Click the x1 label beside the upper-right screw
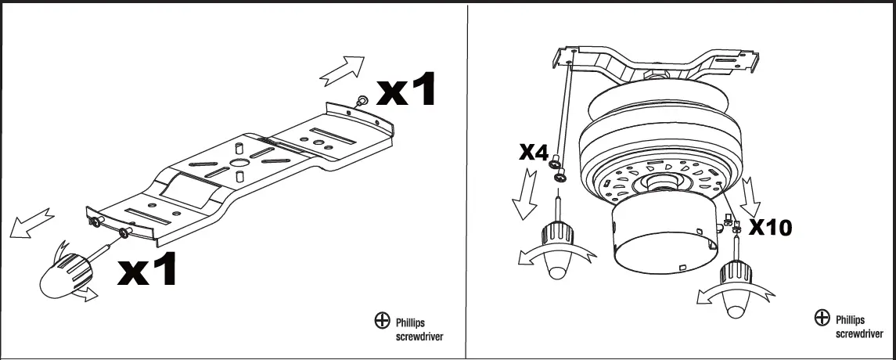click(x=405, y=91)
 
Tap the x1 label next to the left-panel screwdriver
click(x=147, y=268)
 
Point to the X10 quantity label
click(x=770, y=228)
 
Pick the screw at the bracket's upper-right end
click(x=362, y=101)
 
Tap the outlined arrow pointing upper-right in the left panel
click(x=342, y=69)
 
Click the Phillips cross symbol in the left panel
click(x=382, y=320)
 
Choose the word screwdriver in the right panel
click(x=860, y=333)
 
